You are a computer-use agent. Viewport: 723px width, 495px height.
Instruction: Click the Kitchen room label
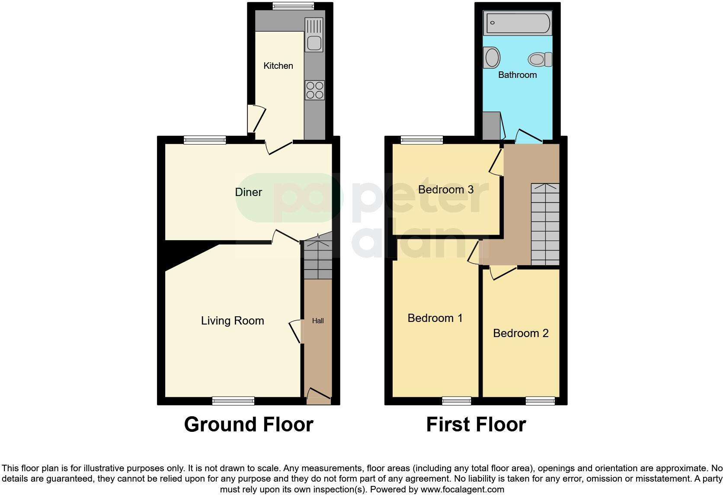coord(278,66)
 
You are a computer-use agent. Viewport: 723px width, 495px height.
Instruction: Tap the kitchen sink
coord(314,43)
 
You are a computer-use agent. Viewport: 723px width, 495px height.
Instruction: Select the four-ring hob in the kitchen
coord(314,90)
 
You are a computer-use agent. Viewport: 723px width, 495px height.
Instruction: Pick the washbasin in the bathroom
coord(492,58)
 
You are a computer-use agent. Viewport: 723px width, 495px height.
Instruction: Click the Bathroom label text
coord(517,75)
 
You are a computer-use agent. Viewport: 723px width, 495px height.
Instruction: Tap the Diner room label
coord(248,192)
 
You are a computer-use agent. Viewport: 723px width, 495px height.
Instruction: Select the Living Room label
coord(232,321)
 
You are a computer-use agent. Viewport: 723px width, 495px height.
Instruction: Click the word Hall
coord(318,321)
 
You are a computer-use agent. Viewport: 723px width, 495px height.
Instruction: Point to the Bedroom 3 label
coord(445,190)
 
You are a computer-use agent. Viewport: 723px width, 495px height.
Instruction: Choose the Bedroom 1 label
coord(435,318)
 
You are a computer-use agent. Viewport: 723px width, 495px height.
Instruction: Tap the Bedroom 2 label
coord(521,333)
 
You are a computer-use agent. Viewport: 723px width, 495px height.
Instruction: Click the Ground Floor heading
coord(249,424)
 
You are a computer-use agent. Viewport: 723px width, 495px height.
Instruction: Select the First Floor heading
coord(476,424)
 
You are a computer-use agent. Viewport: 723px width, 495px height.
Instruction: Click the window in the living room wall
coord(233,401)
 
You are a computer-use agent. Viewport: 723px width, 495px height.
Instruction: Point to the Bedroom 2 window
coord(540,401)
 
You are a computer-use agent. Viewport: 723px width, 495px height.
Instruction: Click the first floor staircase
coord(545,224)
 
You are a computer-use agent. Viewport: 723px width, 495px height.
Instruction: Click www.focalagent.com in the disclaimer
coord(462,490)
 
